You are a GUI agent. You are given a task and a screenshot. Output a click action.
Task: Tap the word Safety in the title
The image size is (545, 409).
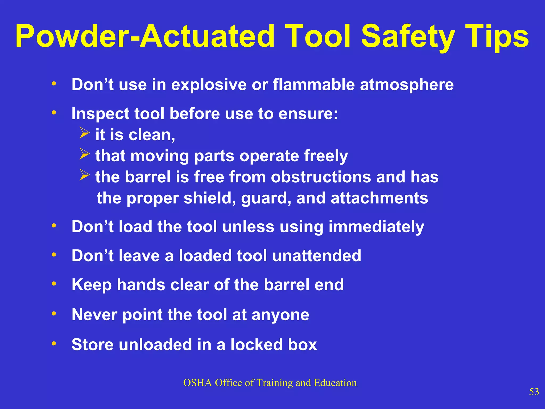click(407, 37)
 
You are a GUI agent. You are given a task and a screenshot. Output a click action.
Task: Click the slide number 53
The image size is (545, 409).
click(534, 392)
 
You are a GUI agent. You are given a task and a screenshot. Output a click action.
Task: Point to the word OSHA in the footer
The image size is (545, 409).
click(197, 383)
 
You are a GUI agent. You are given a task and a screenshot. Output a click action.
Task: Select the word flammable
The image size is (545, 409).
click(314, 85)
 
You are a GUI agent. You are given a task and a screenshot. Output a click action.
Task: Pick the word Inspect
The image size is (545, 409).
click(100, 114)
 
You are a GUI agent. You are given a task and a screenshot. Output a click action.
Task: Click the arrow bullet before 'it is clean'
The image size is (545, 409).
click(84, 133)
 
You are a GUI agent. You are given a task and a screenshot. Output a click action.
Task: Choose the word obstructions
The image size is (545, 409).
click(321, 177)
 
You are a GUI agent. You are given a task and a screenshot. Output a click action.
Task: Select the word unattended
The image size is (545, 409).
click(317, 256)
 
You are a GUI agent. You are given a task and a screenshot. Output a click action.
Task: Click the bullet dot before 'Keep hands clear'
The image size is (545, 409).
click(54, 284)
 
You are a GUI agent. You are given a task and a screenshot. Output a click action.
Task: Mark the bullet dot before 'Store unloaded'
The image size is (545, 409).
click(54, 343)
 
